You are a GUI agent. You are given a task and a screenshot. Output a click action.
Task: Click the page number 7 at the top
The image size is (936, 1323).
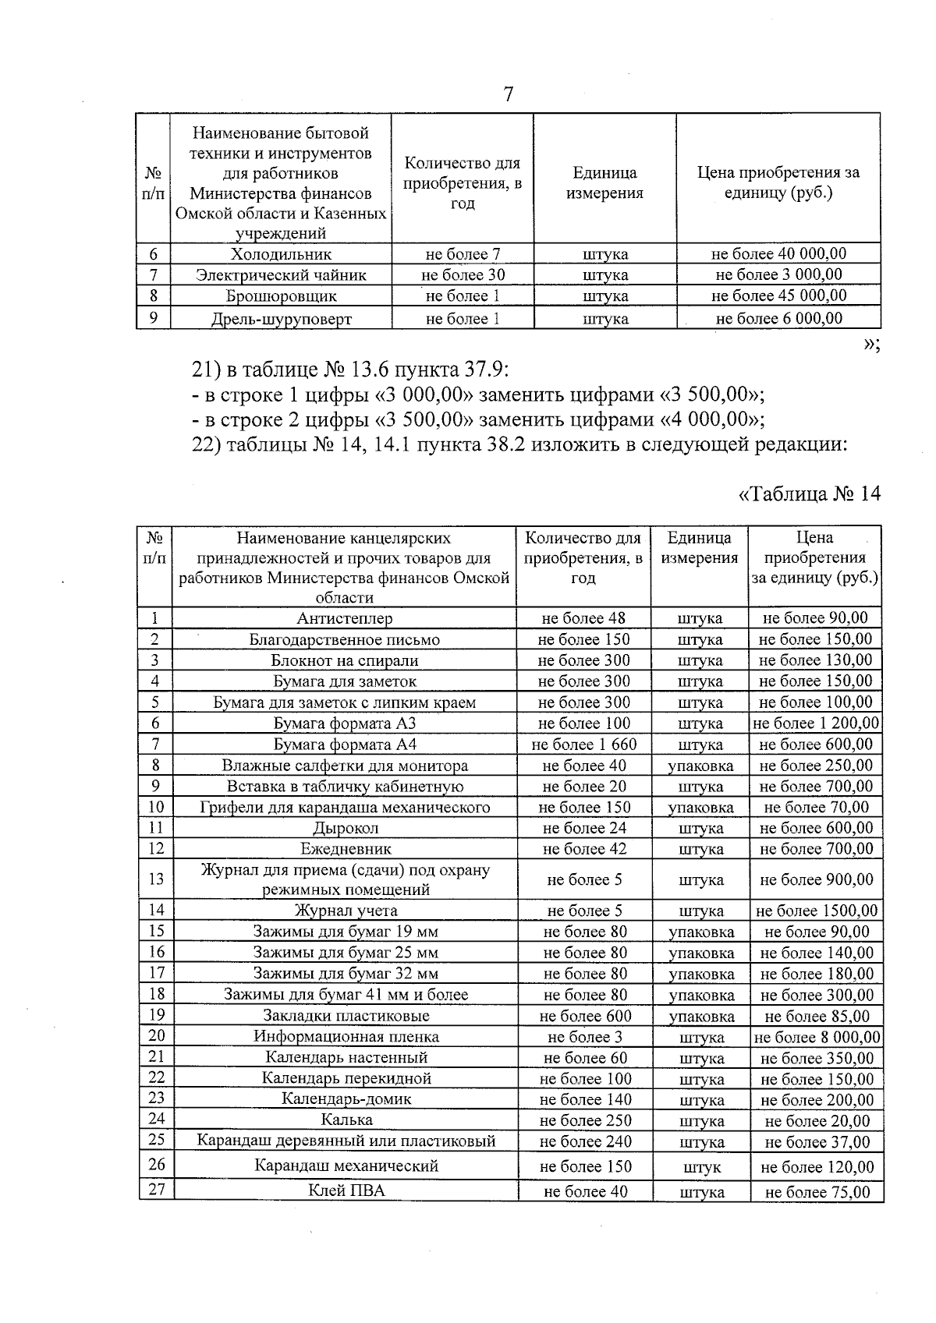coord(508,94)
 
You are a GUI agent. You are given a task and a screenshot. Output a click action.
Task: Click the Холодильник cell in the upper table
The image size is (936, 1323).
coord(281,254)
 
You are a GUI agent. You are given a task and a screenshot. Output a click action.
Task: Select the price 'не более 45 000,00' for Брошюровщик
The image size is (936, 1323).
coord(778,295)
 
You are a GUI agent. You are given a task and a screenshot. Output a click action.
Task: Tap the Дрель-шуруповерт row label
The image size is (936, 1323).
coord(281,319)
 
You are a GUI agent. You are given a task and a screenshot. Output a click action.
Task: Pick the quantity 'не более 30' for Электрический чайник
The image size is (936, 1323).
coord(463,274)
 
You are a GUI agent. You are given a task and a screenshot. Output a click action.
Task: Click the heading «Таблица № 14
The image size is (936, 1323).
coord(809,493)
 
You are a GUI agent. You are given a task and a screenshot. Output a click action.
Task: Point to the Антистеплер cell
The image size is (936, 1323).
coord(344,618)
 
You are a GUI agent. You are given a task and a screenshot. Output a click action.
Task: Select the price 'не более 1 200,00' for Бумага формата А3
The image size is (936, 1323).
coord(815,723)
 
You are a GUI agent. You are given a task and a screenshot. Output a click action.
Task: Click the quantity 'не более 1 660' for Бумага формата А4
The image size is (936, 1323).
coord(583,745)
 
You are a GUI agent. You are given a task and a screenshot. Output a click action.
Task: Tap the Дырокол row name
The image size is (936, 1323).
coord(345,828)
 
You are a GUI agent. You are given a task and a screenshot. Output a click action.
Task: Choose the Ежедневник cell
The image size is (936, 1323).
coord(345,849)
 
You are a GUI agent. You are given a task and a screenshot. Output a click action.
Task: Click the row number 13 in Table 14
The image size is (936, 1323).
coord(156,879)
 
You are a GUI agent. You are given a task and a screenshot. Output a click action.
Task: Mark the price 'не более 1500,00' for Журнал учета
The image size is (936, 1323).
coord(816,911)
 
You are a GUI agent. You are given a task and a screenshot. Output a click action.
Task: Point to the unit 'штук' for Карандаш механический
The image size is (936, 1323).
coord(701,1167)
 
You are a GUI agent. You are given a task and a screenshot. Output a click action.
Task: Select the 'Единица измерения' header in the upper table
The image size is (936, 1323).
coord(604,183)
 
